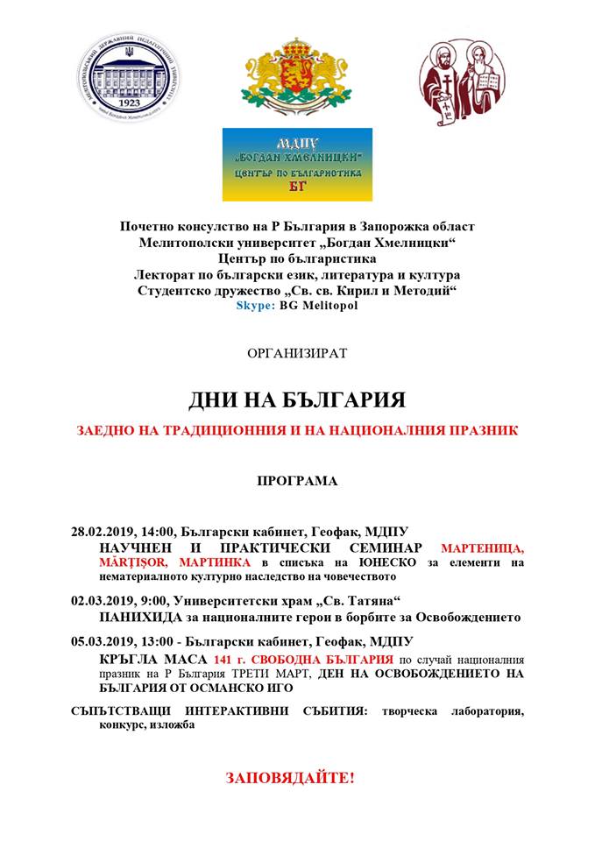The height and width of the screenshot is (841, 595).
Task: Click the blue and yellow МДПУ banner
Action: click(x=297, y=165)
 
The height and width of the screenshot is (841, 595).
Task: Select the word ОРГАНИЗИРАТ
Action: click(x=297, y=354)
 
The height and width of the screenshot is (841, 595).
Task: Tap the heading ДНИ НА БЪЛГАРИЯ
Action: click(x=297, y=400)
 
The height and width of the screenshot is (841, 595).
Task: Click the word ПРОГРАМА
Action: click(x=297, y=481)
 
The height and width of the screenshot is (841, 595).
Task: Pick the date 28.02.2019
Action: click(x=103, y=532)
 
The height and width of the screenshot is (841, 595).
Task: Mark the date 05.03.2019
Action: click(x=103, y=641)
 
